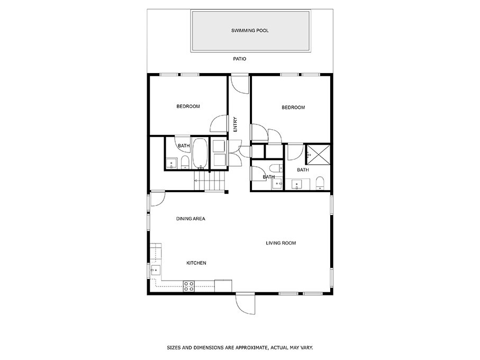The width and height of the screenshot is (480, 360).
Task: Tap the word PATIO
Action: pyautogui.click(x=240, y=59)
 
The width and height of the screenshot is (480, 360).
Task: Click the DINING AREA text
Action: pyautogui.click(x=191, y=219)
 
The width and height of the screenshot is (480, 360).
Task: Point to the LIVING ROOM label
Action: pyautogui.click(x=280, y=244)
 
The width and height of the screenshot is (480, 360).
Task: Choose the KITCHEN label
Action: pyautogui.click(x=196, y=263)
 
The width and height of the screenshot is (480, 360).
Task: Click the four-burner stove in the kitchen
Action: pyautogui.click(x=188, y=286)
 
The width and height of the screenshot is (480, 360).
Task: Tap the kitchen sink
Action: pyautogui.click(x=155, y=270)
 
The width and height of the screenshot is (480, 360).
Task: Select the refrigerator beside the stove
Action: pyautogui.click(x=223, y=285)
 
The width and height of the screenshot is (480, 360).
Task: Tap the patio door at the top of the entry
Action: pyautogui.click(x=240, y=85)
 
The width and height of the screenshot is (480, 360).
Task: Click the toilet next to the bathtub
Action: pyautogui.click(x=185, y=163)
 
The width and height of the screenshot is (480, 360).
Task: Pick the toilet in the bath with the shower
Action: pyautogui.click(x=319, y=183)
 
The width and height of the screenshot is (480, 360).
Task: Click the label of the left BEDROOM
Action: pyautogui.click(x=188, y=107)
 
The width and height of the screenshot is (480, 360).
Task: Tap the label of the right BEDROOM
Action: pyautogui.click(x=293, y=108)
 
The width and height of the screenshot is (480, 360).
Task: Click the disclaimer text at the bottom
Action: pyautogui.click(x=240, y=348)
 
